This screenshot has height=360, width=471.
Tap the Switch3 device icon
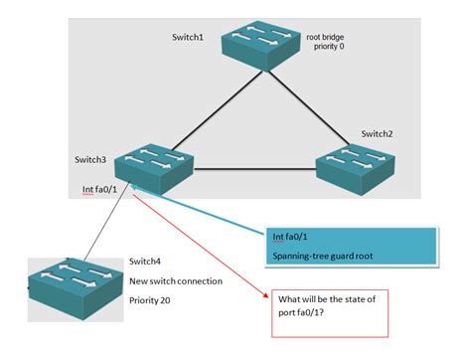click(151, 163)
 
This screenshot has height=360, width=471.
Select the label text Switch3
click(91, 159)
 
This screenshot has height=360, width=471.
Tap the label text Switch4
click(146, 262)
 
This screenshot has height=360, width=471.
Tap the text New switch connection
click(176, 280)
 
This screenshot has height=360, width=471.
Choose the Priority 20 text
click(153, 299)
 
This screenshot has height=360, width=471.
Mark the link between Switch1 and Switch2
click(312, 108)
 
